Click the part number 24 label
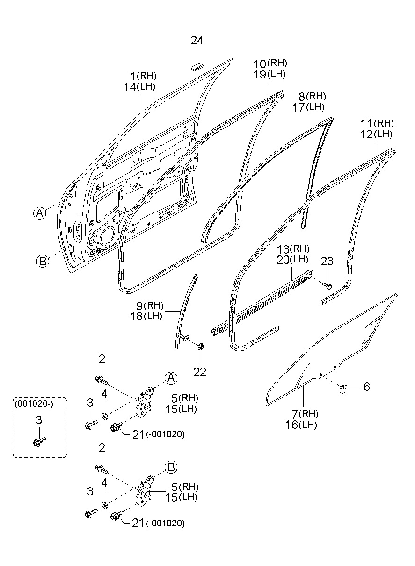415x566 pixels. (x=197, y=41)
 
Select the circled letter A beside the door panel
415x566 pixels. (x=40, y=213)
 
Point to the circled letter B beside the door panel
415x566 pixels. (x=43, y=262)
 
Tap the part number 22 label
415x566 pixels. (x=200, y=372)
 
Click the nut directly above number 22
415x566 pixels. (x=200, y=347)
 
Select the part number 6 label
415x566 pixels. (x=366, y=387)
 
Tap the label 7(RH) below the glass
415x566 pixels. (x=305, y=414)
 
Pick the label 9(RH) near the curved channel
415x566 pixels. (x=150, y=306)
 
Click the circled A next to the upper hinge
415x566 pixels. (x=171, y=377)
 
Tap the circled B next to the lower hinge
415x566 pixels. (x=170, y=466)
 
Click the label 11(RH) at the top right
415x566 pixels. (x=377, y=124)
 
